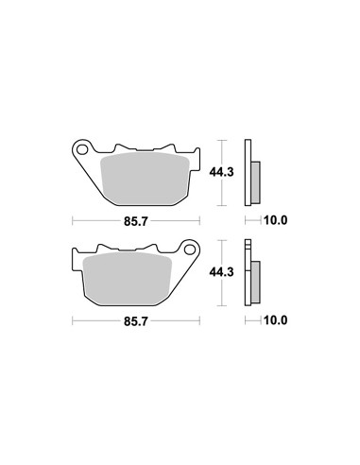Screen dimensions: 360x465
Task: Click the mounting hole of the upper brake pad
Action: coord(82,149)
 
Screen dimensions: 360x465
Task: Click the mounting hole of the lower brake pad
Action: coord(190,250)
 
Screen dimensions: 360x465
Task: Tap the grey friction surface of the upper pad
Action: coord(145,178)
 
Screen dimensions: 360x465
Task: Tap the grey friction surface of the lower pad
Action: coord(127,278)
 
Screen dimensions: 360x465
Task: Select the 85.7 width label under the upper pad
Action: coord(135,221)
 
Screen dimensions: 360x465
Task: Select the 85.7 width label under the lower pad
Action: coord(135,321)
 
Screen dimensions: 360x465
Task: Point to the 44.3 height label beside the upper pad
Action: coord(222,172)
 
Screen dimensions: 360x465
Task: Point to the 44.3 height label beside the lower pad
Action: coord(222,272)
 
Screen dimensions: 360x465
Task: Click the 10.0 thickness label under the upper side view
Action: coord(276,220)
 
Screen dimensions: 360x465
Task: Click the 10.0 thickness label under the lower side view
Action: coord(276,320)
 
